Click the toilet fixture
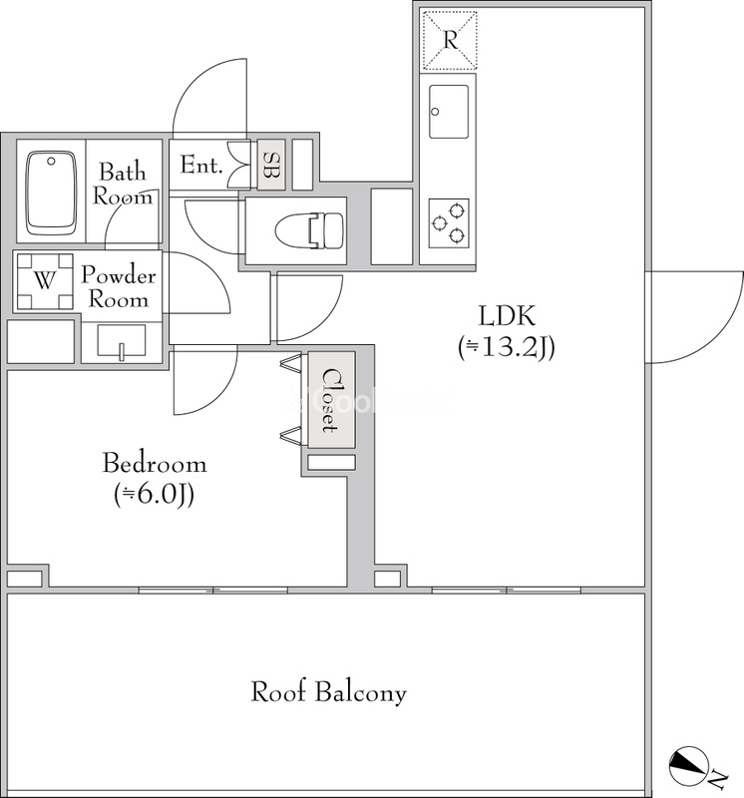pyautogui.click(x=309, y=231)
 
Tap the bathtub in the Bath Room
pyautogui.click(x=51, y=193)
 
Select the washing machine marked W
pyautogui.click(x=45, y=281)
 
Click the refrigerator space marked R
pyautogui.click(x=450, y=40)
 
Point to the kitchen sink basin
pyautogui.click(x=449, y=112)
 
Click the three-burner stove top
pyautogui.click(x=449, y=223)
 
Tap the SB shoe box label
pyautogui.click(x=270, y=166)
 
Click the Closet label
pyautogui.click(x=330, y=400)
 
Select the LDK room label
pyautogui.click(x=507, y=316)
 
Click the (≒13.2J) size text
pyautogui.click(x=507, y=348)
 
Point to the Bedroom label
pyautogui.click(x=155, y=464)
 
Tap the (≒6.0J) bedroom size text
pyautogui.click(x=155, y=495)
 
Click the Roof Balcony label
pyautogui.click(x=329, y=692)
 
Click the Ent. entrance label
pyautogui.click(x=201, y=165)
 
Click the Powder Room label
pyautogui.click(x=119, y=286)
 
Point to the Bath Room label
pyautogui.click(x=122, y=184)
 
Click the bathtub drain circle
pyautogui.click(x=51, y=162)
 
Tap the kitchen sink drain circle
pyautogui.click(x=435, y=112)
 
